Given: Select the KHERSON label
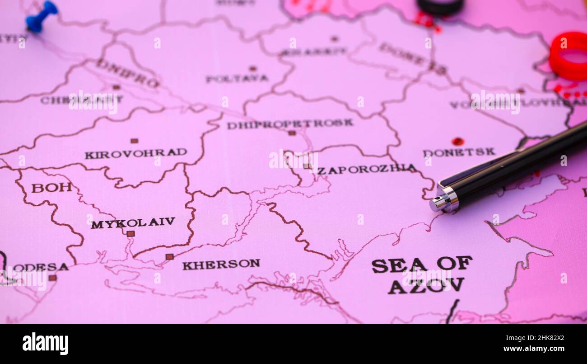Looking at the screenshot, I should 221,264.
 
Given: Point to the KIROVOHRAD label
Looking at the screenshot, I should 135,153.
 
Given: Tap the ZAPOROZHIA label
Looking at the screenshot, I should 367,170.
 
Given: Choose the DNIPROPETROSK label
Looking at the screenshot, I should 290,123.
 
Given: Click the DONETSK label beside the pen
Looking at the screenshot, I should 458,152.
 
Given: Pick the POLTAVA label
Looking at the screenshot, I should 237,79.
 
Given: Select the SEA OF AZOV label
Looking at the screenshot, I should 422,274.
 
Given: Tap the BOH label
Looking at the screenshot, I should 51,187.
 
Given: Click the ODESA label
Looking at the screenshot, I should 40,267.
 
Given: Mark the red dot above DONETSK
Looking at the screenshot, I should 457,141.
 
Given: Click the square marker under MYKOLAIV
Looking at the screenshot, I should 130,234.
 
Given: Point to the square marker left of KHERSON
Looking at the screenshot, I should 169,256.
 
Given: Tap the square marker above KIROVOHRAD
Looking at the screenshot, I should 134,141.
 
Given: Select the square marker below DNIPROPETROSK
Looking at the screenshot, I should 292,133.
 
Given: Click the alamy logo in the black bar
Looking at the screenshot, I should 45,344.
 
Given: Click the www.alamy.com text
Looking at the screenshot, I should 542,349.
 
